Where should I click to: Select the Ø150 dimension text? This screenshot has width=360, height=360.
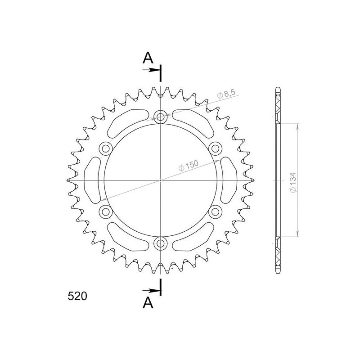pyautogui.click(x=188, y=165)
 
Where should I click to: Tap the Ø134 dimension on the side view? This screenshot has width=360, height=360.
pyautogui.click(x=293, y=183)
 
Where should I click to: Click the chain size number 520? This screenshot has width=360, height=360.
pyautogui.click(x=77, y=296)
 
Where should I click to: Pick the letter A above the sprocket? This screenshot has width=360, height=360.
pyautogui.click(x=148, y=58)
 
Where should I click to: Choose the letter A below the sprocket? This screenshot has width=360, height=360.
pyautogui.click(x=148, y=302)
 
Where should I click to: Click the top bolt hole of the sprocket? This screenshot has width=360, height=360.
pyautogui.click(x=161, y=117)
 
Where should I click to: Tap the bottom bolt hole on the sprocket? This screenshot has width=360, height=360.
pyautogui.click(x=161, y=243)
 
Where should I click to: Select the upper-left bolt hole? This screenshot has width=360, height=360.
pyautogui.click(x=106, y=148)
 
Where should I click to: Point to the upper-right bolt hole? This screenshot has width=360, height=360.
pyautogui.click(x=216, y=148)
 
